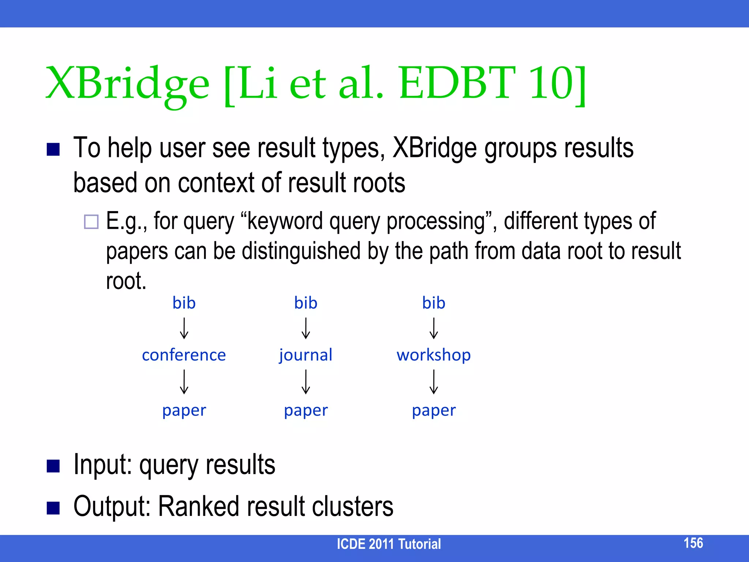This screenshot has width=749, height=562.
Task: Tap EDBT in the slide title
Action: [x=457, y=83]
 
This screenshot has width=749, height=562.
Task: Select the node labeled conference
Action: [x=184, y=355]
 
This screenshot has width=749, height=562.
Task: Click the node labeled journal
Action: [x=306, y=355]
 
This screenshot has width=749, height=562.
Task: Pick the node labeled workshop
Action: [x=433, y=355]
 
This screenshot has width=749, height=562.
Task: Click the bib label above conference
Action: [x=184, y=303]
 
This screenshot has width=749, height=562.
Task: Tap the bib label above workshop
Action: [x=433, y=303]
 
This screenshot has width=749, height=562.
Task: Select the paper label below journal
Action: [x=306, y=410]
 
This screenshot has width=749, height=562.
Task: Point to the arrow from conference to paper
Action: [x=184, y=382]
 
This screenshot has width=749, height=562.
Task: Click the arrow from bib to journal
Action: [x=306, y=328]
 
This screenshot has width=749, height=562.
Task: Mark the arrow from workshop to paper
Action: [x=433, y=382]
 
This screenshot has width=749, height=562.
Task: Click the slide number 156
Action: [x=693, y=543]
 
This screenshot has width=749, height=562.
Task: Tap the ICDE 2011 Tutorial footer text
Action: [x=388, y=544]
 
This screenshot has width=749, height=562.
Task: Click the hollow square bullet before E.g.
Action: [x=91, y=222]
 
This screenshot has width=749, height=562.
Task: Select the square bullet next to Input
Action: [x=53, y=466]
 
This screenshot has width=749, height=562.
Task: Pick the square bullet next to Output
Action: [x=53, y=508]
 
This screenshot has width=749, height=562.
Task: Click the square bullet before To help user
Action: [x=53, y=149]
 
